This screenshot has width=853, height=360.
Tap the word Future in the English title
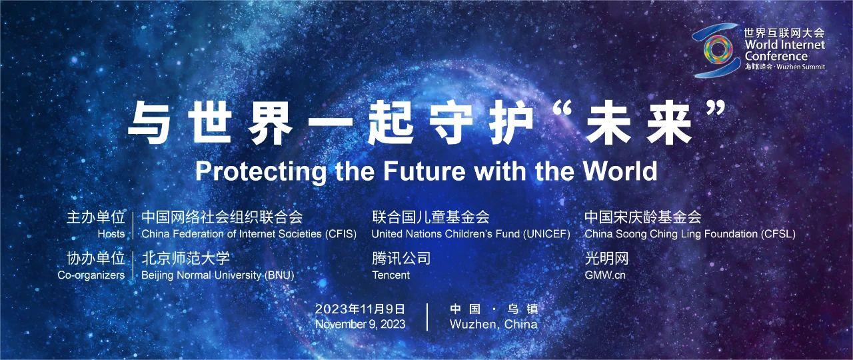(425, 171)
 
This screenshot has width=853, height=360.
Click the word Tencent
(391, 275)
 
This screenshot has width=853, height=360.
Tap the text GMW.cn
(605, 275)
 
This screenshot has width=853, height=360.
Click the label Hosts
(111, 234)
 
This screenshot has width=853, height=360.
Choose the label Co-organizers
(91, 275)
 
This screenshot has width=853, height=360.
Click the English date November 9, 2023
(361, 324)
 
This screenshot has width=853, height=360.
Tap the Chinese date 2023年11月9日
(360, 309)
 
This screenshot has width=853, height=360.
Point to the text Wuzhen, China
(494, 325)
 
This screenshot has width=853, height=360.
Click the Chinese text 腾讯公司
(401, 258)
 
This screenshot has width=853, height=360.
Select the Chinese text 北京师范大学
(186, 258)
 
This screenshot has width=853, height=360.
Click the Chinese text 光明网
(606, 258)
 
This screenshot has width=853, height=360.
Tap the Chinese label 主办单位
(95, 217)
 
